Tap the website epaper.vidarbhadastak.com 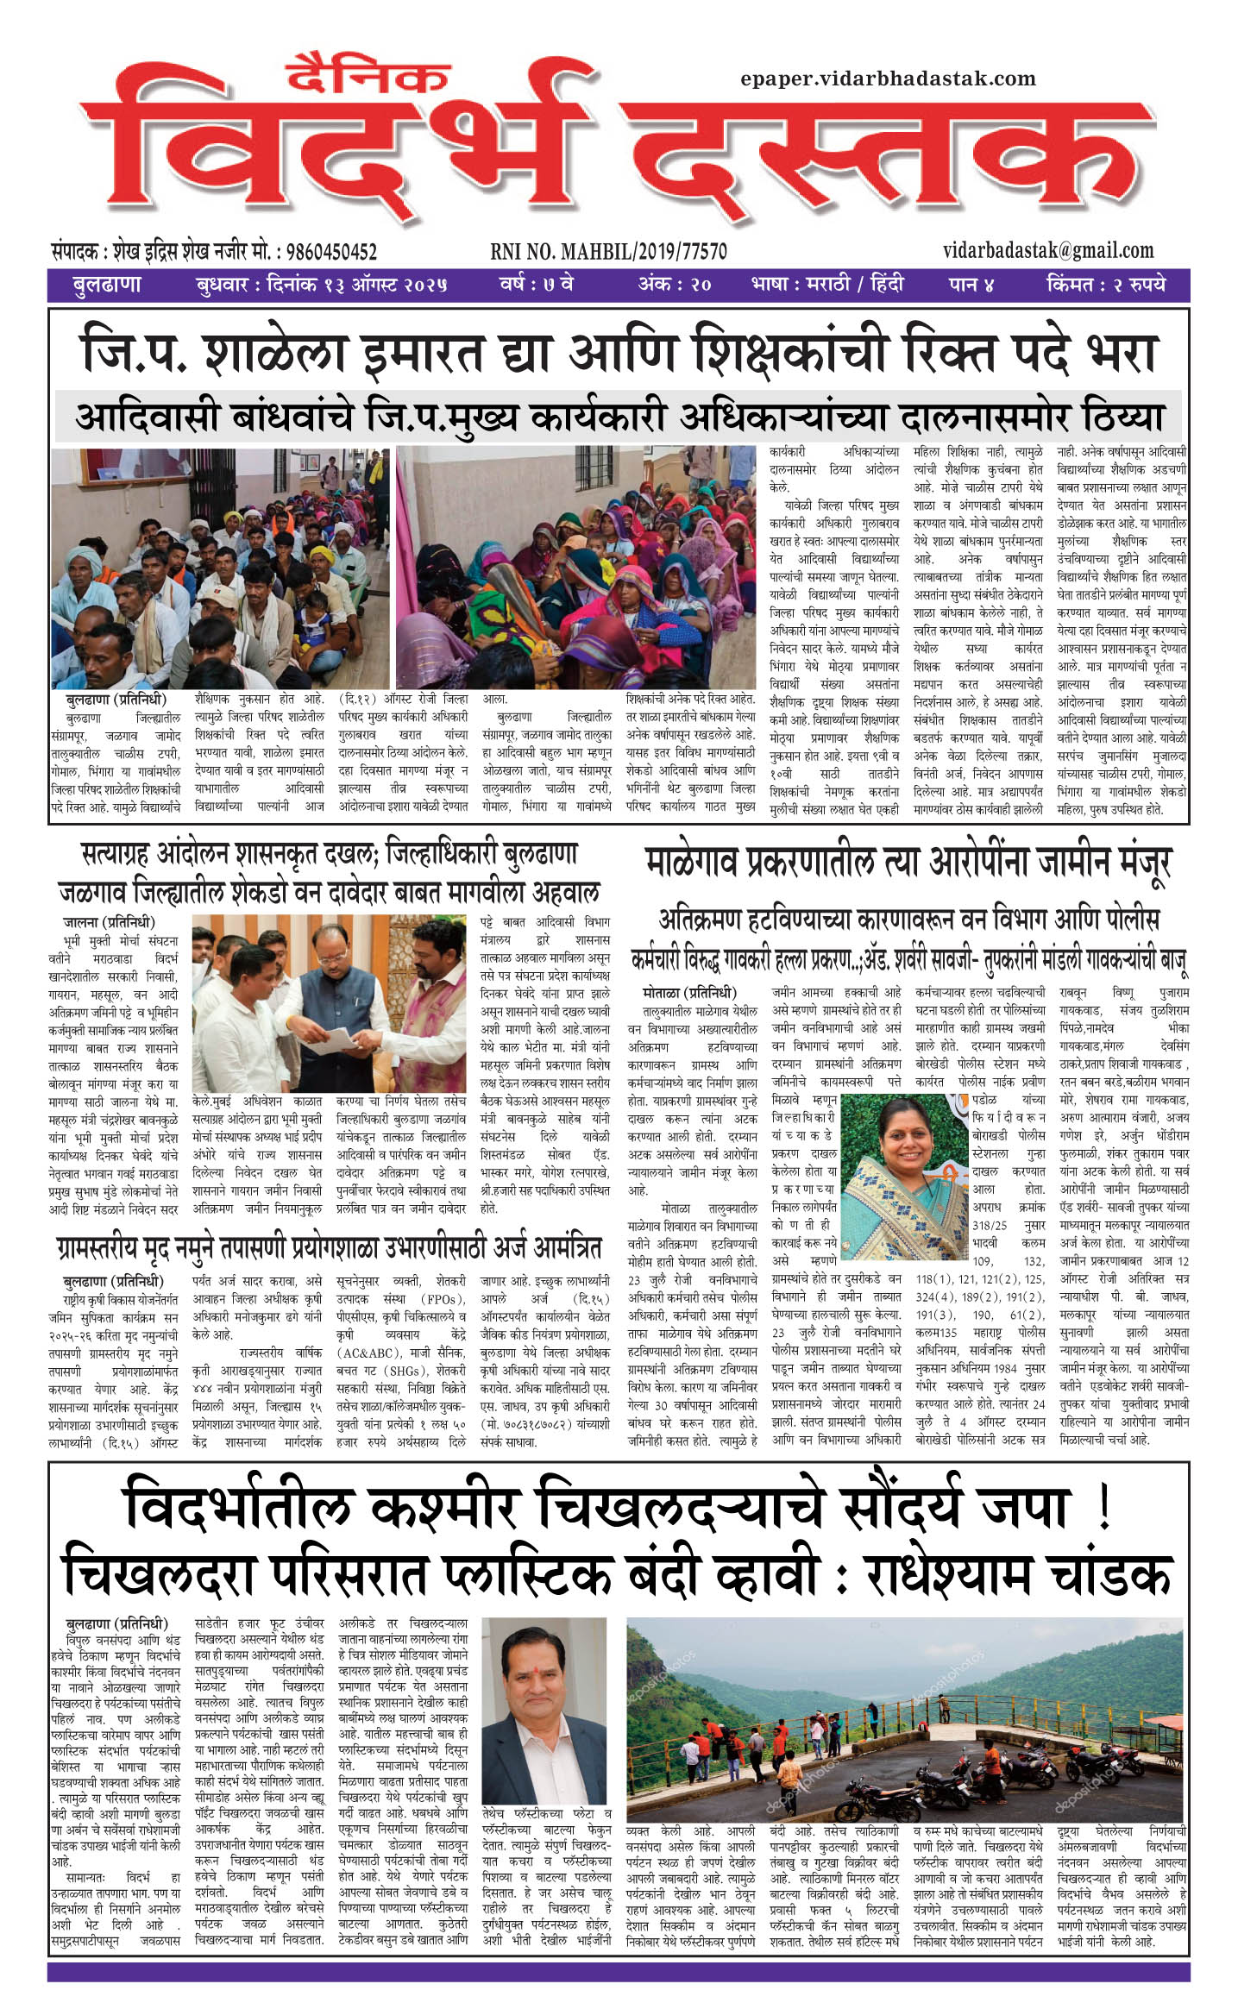pos(888,78)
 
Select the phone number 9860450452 pos(331,252)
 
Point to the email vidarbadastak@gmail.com pos(1048,251)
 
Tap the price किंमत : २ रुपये pos(1105,285)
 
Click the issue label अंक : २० pos(675,285)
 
